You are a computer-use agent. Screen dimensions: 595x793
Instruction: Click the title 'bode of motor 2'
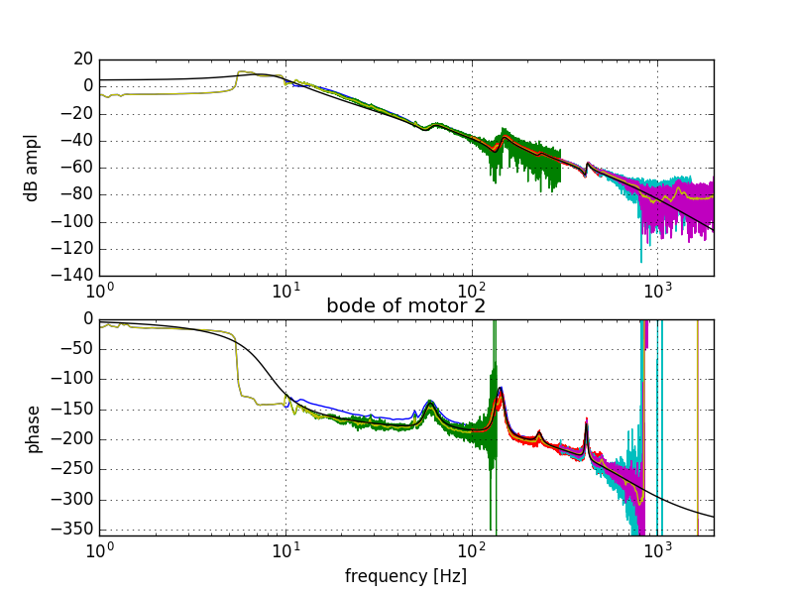pos(406,305)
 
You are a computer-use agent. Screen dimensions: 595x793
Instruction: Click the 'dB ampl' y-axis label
pos(33,168)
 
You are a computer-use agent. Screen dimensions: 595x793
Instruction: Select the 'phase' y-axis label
pos(33,428)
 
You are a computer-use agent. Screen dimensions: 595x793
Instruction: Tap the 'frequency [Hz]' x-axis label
pos(405,576)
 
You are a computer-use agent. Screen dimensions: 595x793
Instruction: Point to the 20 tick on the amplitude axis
pos(82,59)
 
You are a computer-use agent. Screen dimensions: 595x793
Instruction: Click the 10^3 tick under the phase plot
pos(657,551)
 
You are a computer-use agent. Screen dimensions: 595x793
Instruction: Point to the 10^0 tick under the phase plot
pos(99,551)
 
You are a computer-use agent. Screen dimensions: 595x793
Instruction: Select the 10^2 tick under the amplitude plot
pos(471,292)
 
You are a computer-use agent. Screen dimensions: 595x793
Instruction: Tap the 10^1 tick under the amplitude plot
pos(285,292)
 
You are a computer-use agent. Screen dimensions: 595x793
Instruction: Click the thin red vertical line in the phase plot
pos(698,426)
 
